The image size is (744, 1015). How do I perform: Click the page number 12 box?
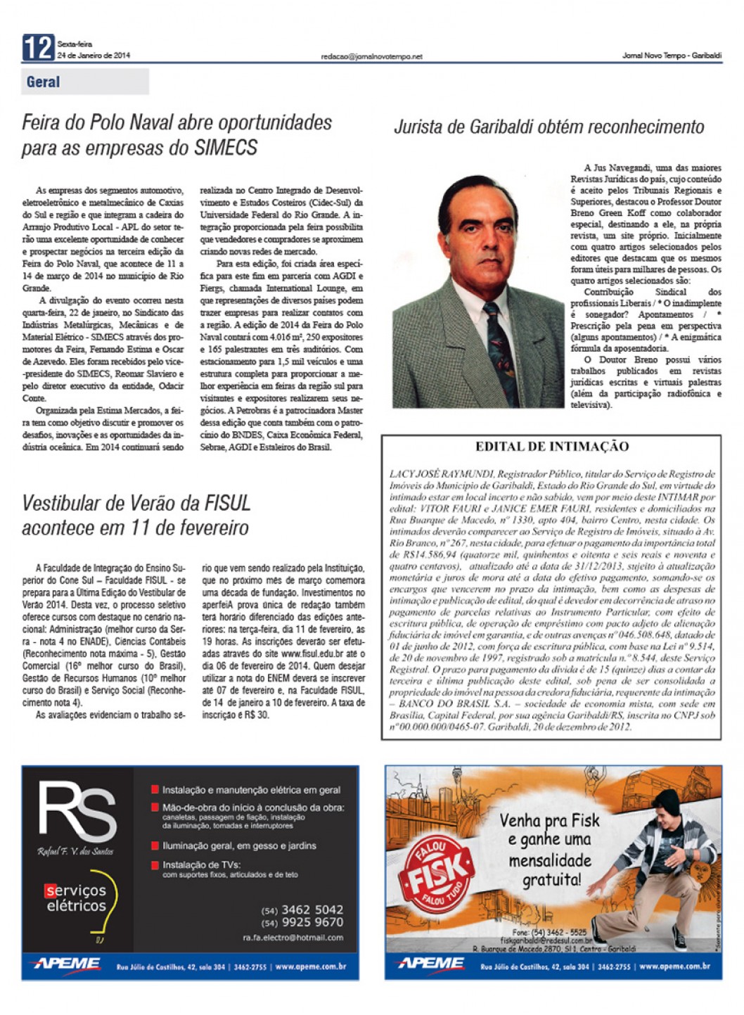38,48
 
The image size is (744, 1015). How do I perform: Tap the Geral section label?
43,82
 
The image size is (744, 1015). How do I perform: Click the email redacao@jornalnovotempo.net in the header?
371,56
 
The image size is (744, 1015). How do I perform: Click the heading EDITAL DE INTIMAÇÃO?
551,446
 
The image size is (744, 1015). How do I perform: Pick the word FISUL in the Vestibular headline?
227,504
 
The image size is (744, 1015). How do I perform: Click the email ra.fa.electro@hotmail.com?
293,938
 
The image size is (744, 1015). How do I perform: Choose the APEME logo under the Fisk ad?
430,964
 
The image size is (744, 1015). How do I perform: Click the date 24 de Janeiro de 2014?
94,55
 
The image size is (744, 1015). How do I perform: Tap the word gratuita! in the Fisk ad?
551,879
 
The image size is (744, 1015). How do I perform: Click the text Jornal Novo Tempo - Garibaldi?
672,56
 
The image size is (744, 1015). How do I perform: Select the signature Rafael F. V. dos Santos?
75,851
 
